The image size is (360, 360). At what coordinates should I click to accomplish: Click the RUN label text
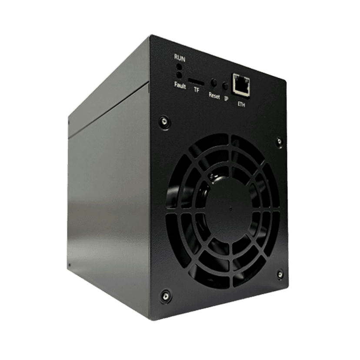pos(180,58)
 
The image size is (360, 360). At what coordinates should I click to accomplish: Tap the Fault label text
pos(180,85)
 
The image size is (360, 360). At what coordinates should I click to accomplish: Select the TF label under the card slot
pos(196,90)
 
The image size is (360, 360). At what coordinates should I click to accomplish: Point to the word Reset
pos(214,96)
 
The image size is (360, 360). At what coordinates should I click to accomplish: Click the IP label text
pos(227,99)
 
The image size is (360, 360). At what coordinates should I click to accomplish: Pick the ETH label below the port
pos(241,104)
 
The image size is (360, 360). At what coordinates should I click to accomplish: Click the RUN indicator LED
pos(179,67)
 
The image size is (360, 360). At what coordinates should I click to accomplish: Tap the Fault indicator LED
pos(179,75)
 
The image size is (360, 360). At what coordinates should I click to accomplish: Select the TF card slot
pos(196,82)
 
